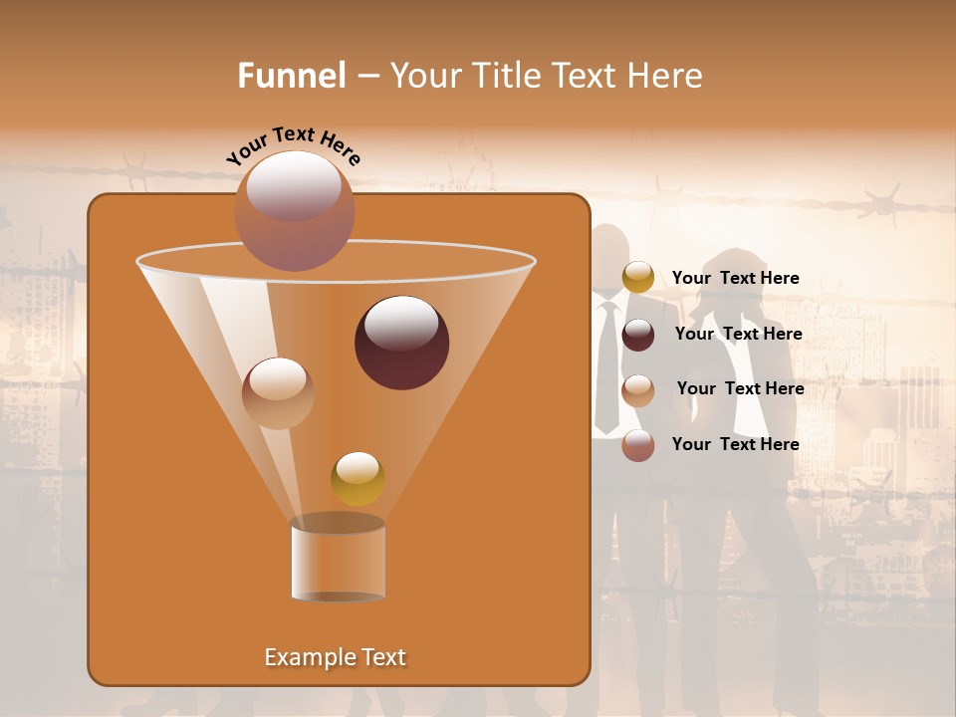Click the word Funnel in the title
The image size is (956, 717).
pos(291,76)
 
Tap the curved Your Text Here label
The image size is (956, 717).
pos(294,144)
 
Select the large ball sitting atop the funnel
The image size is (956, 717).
pos(294,210)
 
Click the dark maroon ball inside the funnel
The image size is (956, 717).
pos(401,343)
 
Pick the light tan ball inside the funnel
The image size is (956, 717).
pos(278,393)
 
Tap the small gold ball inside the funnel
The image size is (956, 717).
pos(358,478)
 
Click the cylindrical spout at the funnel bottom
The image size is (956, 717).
pos(338,560)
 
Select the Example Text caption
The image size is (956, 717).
pos(336,657)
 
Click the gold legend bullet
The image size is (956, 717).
pos(638,278)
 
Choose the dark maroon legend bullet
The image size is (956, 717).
pos(638,335)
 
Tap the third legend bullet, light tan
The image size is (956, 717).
pos(638,390)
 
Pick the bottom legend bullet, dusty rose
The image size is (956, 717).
pos(638,445)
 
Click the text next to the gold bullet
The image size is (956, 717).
pos(735,278)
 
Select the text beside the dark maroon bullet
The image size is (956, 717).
pos(738,334)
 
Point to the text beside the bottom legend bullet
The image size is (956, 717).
pos(735,444)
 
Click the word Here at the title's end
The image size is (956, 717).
pos(667,76)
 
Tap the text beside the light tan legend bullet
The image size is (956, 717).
pos(740,388)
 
